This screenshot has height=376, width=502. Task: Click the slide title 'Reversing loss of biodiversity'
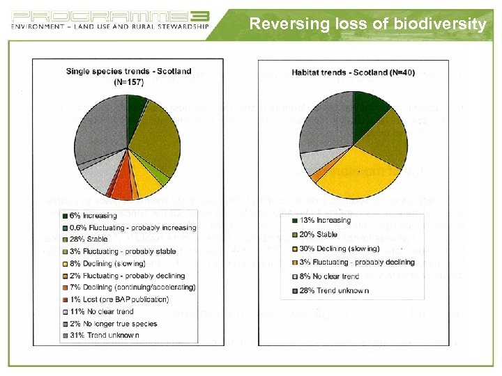tap(367, 24)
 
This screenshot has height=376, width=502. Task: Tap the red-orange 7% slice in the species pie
tap(121, 186)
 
